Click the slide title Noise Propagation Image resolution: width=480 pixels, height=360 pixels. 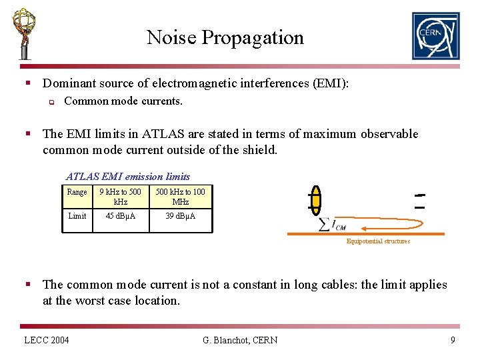(x=225, y=37)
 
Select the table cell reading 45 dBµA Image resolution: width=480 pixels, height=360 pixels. (x=121, y=216)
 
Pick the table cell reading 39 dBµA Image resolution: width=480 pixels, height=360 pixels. (x=180, y=216)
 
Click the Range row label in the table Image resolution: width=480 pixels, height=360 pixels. (x=77, y=192)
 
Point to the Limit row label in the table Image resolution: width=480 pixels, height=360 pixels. (x=77, y=216)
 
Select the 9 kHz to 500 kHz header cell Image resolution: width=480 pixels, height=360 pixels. (x=121, y=197)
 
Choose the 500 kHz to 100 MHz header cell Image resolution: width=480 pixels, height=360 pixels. (x=180, y=197)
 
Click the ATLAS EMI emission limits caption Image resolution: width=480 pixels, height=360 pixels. (x=128, y=177)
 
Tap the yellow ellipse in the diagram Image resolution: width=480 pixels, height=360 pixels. (x=316, y=200)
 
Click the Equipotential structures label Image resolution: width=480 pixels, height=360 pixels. (x=378, y=241)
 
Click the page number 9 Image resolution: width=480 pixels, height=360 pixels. (x=453, y=341)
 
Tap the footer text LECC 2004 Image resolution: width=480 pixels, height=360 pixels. (x=47, y=341)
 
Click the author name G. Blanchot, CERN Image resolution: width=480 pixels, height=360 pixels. (x=240, y=341)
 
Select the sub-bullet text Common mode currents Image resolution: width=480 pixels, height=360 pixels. (x=123, y=101)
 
